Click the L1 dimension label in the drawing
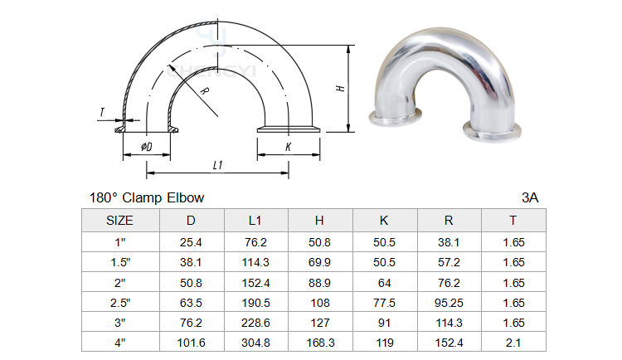(218, 165)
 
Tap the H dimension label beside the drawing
(340, 88)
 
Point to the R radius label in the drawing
(204, 91)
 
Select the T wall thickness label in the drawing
(102, 112)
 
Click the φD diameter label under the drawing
(146, 147)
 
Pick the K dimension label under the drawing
(288, 147)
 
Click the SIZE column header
(119, 221)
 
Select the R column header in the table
(449, 221)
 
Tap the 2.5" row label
(120, 303)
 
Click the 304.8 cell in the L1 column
(256, 343)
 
